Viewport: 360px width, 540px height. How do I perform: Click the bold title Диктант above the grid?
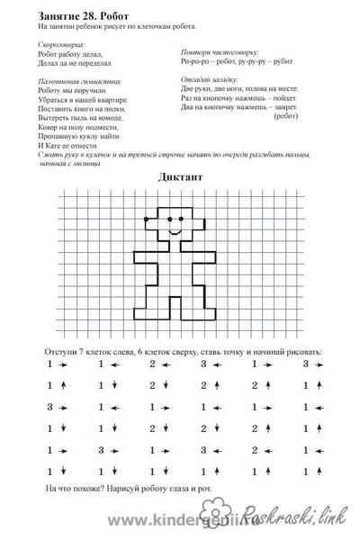click(x=180, y=177)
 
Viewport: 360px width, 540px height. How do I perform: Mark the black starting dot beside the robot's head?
click(x=145, y=219)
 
